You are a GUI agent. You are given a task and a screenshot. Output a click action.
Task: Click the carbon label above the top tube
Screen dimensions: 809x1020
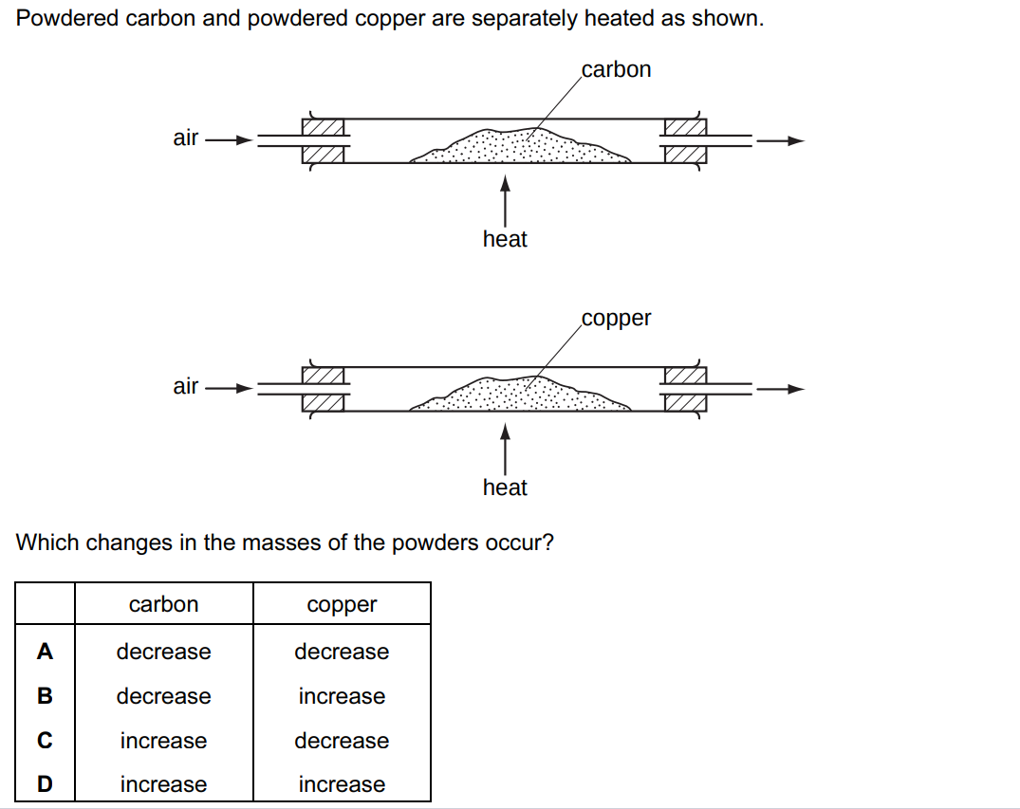tap(616, 69)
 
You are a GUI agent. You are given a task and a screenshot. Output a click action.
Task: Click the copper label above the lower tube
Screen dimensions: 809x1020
tap(616, 319)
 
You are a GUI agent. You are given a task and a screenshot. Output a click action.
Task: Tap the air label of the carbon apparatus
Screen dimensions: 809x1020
tap(186, 138)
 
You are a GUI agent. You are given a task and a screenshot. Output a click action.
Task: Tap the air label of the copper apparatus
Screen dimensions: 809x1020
tap(186, 387)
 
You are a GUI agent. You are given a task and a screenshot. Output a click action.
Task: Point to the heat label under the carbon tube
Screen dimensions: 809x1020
tap(505, 239)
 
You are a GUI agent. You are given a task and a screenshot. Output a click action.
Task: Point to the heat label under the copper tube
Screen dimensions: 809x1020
tap(505, 487)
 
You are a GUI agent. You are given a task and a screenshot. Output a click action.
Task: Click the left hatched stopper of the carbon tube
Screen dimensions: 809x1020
tap(323, 140)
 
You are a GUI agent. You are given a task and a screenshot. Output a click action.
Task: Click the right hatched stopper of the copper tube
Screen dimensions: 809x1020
tap(684, 389)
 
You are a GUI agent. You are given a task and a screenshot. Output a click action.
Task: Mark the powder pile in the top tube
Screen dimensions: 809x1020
tap(522, 148)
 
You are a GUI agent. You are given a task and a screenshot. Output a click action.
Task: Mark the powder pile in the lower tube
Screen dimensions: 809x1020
tap(522, 396)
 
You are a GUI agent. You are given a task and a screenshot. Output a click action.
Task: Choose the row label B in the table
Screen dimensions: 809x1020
tap(45, 696)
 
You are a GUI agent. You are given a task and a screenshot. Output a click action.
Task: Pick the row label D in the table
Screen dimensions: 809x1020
tap(45, 784)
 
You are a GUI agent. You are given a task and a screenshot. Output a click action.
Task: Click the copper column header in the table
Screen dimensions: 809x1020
tap(342, 605)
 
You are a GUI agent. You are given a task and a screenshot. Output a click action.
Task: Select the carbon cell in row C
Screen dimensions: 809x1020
tap(163, 741)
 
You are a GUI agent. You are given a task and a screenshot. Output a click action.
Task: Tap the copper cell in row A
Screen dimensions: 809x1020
tap(342, 652)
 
